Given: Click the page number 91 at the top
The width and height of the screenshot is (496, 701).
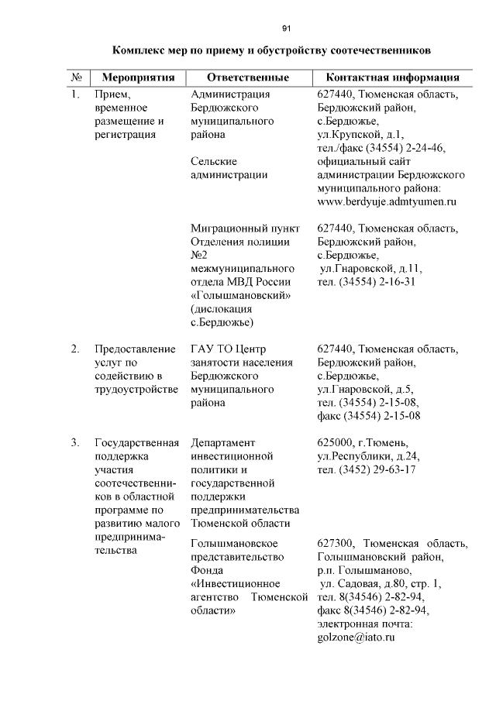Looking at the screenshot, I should [x=286, y=29].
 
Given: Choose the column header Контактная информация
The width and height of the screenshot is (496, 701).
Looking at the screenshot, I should [x=393, y=78].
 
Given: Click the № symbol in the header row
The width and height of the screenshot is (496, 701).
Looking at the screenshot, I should [x=77, y=78].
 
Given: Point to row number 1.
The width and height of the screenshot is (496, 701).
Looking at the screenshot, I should [x=75, y=95].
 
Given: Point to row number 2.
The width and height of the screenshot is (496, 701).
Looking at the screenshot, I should [x=75, y=349].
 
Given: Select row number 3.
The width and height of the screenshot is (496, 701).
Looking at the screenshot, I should [x=75, y=443].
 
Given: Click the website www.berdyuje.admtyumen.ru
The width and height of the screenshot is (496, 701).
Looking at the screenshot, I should [x=387, y=201].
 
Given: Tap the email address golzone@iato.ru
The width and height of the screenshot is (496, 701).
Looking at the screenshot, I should [x=356, y=637].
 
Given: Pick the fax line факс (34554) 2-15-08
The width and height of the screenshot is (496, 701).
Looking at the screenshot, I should [x=368, y=416].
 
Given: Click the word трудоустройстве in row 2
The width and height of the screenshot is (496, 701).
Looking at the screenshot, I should [x=136, y=389].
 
